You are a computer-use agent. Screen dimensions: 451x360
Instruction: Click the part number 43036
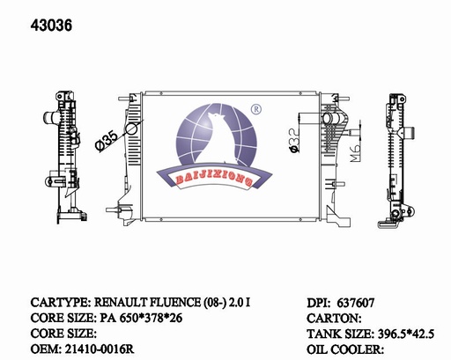(x=51, y=26)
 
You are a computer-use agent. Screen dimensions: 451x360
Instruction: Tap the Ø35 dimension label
(x=107, y=141)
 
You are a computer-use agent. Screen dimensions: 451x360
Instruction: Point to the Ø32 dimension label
(x=294, y=141)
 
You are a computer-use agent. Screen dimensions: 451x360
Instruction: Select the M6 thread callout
(x=355, y=153)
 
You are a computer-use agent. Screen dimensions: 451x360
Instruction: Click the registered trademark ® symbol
(x=256, y=109)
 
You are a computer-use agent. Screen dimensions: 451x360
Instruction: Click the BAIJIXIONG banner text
(x=214, y=180)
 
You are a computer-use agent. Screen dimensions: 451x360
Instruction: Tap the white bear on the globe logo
(x=217, y=139)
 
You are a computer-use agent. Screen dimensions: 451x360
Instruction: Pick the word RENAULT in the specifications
(x=121, y=302)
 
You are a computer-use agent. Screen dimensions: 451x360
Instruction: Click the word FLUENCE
(x=175, y=302)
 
